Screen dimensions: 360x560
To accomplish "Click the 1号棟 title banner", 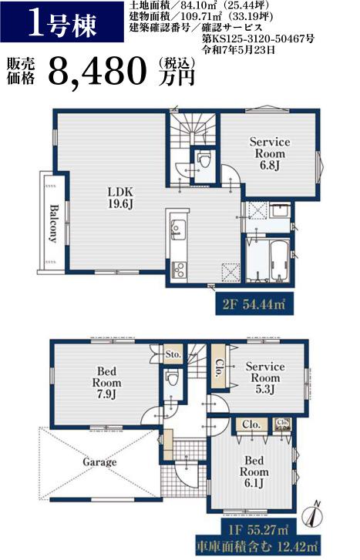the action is tap(62, 22).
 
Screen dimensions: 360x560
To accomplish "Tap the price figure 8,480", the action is tap(97, 71).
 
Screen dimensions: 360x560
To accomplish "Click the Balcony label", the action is tap(53, 223).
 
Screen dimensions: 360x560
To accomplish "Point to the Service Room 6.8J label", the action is tap(270, 153).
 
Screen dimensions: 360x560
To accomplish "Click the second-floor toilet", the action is tap(204, 159).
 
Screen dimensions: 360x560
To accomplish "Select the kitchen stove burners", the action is tap(178, 270).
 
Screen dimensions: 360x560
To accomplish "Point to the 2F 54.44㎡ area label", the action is tap(254, 304).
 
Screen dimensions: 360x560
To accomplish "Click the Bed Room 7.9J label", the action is tap(106, 383).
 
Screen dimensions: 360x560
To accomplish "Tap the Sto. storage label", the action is tap(173, 354).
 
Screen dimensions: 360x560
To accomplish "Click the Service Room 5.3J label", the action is tap(265, 377).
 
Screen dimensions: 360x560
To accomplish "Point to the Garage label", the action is tap(99, 462).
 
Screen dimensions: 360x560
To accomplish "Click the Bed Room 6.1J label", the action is tap(254, 471).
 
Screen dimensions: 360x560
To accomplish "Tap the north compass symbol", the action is tap(312, 515).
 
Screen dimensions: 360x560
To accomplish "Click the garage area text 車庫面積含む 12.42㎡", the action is tap(257, 546).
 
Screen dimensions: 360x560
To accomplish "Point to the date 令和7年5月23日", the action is tap(239, 49).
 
